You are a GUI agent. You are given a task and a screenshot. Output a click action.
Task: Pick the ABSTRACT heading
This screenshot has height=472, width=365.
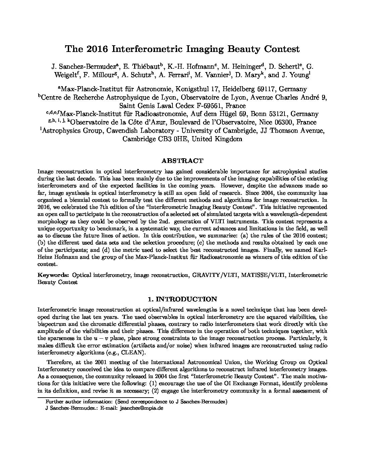[182, 161]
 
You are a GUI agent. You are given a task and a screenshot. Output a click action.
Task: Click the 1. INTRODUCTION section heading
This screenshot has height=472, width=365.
[182, 299]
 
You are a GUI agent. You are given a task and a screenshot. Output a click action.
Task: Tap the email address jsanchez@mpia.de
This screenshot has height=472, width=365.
[141, 409]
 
